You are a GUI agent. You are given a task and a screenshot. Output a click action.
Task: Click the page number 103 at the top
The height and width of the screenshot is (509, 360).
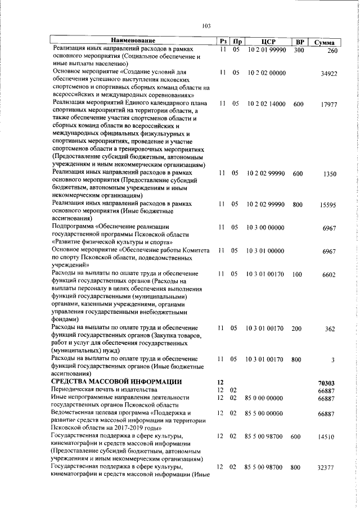tap(206, 25)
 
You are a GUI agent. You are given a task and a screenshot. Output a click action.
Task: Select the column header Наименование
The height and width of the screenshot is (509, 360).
tap(133, 42)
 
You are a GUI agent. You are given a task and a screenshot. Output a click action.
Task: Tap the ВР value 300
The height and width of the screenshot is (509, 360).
tap(299, 50)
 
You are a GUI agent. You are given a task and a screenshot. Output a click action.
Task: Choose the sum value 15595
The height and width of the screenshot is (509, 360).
tap(328, 206)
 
